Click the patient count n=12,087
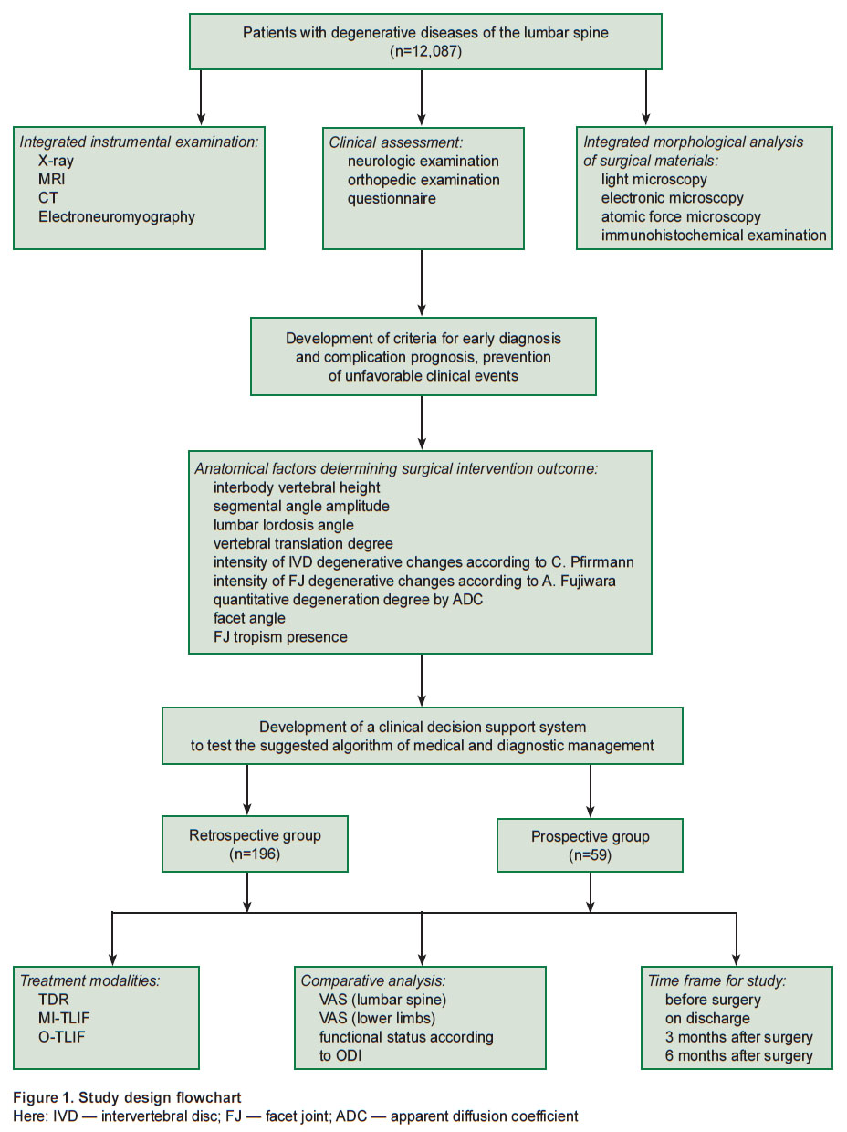pyautogui.click(x=425, y=51)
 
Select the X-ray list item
pyautogui.click(x=56, y=161)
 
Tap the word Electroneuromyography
pyautogui.click(x=117, y=216)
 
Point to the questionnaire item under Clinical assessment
pyautogui.click(x=392, y=198)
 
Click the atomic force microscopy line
pyautogui.click(x=681, y=216)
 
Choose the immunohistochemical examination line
pyautogui.click(x=714, y=236)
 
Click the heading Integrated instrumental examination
pyautogui.click(x=139, y=141)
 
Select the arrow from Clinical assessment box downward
pyautogui.click(x=422, y=283)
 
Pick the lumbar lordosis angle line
pyautogui.click(x=284, y=525)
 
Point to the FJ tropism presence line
pyautogui.click(x=280, y=637)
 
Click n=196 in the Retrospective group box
pyautogui.click(x=255, y=854)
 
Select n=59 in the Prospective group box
pyautogui.click(x=590, y=855)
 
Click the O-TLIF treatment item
pyautogui.click(x=61, y=1036)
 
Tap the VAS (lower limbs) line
pyautogui.click(x=377, y=1018)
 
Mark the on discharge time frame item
pyautogui.click(x=707, y=1019)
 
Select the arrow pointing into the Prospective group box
pyautogui.click(x=591, y=791)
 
